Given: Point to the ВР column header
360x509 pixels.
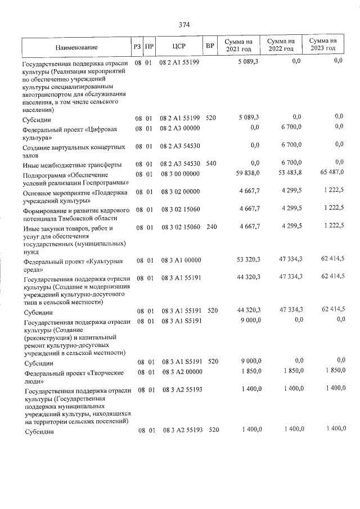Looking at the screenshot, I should pyautogui.click(x=210, y=46).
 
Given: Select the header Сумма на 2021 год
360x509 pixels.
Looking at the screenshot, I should pyautogui.click(x=238, y=46).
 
